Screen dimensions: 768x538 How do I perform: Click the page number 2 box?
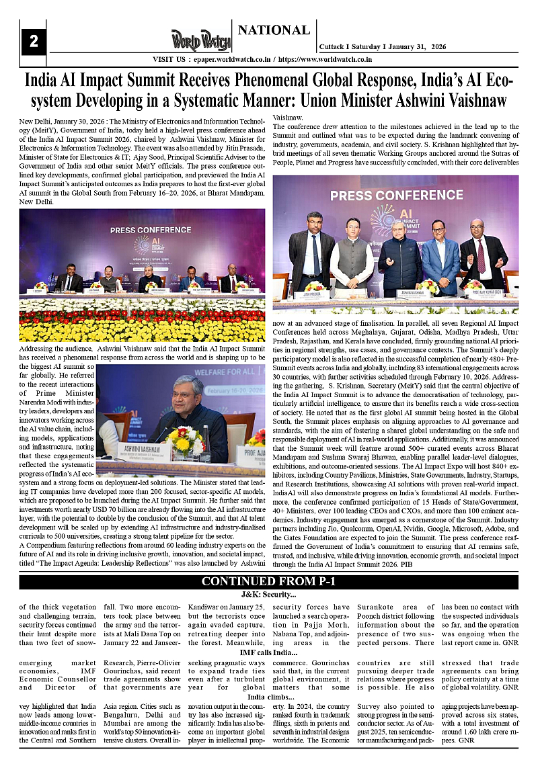click(x=34, y=42)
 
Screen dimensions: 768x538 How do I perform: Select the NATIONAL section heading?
click(x=274, y=30)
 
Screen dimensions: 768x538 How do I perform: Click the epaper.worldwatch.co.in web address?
click(x=228, y=59)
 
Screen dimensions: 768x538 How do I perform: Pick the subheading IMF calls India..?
click(x=269, y=652)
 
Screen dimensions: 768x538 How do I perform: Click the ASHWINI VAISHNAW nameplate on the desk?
click(x=142, y=448)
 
